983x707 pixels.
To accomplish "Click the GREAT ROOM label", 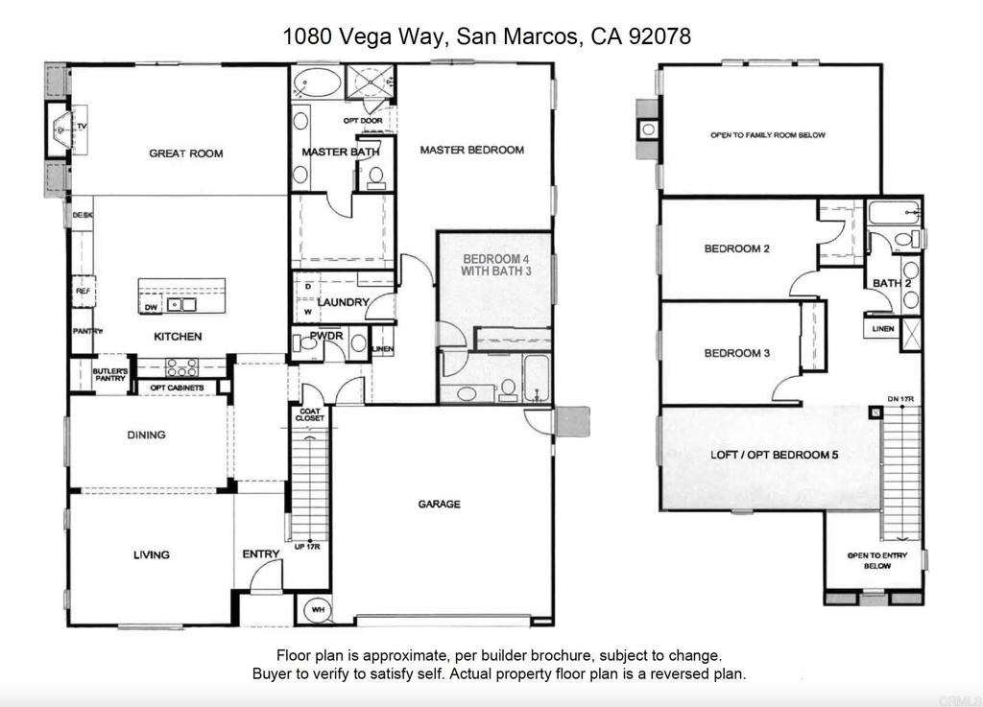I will coord(185,153).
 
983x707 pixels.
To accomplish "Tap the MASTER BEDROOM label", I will coord(471,150).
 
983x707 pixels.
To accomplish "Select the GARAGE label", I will coord(439,504).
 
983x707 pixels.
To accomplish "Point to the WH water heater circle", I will coord(315,608).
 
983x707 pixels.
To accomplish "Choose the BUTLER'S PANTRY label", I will coord(110,375).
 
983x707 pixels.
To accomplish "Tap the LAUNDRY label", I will coord(344,303).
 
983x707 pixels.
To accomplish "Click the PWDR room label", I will coord(326,336).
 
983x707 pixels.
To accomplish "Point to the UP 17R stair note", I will coord(307,547).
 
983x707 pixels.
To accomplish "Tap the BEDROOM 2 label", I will coord(737,248).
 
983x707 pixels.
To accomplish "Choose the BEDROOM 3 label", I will coord(737,353).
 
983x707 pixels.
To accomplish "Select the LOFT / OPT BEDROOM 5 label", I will coord(775,455).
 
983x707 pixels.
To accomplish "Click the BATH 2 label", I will coord(892,283).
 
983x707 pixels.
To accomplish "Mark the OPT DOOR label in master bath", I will coord(363,121).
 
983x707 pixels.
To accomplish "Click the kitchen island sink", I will coord(180,305).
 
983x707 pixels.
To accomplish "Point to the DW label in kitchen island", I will coord(151,308).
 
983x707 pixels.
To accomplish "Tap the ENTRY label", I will coord(261,554).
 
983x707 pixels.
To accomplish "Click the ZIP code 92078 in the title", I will coord(659,36).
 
